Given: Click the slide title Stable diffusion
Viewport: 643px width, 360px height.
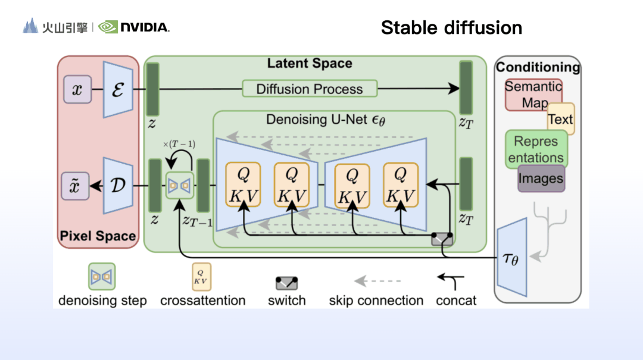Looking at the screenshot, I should point(451,27).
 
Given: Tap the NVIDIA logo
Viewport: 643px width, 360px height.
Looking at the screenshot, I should point(134,27).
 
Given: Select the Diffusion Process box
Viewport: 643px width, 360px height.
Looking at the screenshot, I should point(310,89).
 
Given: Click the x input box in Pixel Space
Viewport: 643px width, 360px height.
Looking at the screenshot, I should point(77,90).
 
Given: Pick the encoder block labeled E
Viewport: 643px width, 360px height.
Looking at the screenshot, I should point(118,89).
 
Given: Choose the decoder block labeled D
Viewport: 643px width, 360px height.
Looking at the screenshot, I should point(118,185).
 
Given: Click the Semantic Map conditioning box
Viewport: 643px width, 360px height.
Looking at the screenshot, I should point(533,94).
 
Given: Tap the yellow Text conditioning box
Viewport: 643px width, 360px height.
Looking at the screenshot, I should point(561,119).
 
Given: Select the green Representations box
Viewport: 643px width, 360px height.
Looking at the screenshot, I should point(536,149).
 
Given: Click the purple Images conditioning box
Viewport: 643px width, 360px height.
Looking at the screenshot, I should point(541,178).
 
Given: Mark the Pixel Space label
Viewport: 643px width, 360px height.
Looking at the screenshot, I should point(98,236).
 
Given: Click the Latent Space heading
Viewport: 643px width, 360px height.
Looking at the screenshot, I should point(310,64).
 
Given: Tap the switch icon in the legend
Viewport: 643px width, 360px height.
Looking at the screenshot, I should point(286,283).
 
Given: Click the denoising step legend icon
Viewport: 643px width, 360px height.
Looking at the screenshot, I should point(102,277).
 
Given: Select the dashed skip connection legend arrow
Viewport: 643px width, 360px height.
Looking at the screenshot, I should point(377,280).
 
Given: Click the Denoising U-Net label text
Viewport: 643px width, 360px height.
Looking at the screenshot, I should point(326,119).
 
